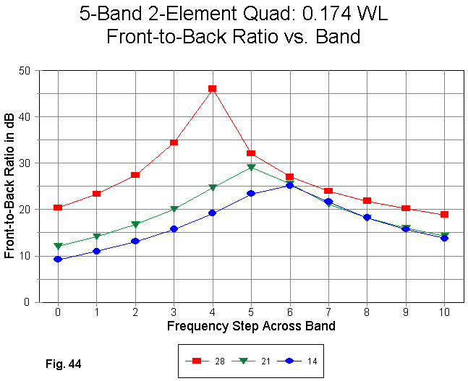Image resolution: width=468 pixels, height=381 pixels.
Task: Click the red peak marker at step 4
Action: point(213,89)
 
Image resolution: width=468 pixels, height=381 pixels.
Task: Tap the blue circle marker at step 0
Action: point(58,259)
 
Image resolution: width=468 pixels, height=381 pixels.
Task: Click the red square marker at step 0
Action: point(58,207)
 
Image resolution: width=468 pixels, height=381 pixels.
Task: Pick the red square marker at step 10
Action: point(444,215)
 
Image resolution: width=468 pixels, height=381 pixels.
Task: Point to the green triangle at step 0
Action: point(58,247)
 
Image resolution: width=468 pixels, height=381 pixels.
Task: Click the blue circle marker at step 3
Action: point(174,229)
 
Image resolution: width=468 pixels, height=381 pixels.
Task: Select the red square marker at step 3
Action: point(174,142)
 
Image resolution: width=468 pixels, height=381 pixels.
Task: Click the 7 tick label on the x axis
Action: point(328,312)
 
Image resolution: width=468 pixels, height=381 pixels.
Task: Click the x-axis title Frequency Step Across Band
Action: point(251,326)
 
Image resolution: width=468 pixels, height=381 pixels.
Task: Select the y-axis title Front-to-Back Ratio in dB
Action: point(9,187)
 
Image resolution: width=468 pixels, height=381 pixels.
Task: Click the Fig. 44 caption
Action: point(62,364)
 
